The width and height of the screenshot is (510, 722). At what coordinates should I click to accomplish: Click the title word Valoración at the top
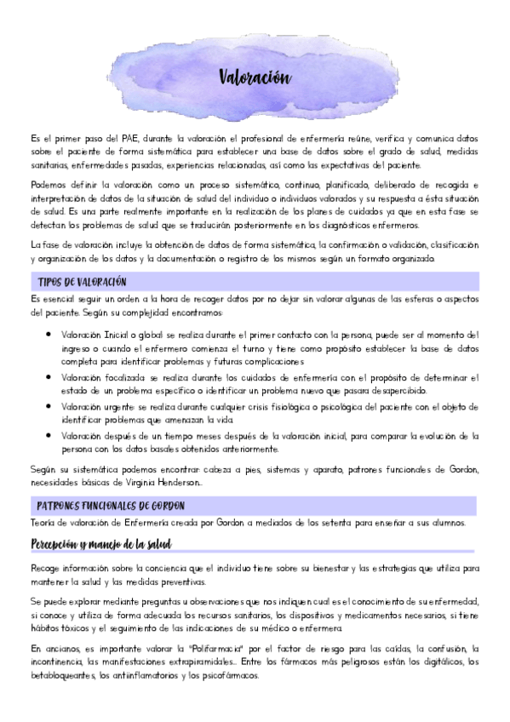click(255, 78)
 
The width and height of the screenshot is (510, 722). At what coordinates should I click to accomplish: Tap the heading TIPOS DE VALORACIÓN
click(83, 282)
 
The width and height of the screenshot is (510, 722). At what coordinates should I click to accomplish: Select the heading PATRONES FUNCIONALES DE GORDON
click(112, 505)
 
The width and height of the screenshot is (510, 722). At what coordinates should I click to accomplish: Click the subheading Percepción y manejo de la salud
click(101, 542)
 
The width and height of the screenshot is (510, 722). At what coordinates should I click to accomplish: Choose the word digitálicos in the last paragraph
click(433, 662)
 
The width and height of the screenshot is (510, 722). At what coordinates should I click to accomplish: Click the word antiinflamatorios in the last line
click(150, 676)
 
